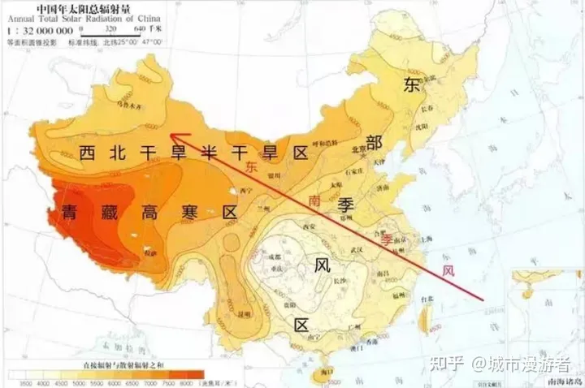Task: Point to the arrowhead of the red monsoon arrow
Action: pyautogui.click(x=176, y=139)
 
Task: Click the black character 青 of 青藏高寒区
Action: pyautogui.click(x=71, y=213)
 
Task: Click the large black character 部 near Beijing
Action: pyautogui.click(x=374, y=143)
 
